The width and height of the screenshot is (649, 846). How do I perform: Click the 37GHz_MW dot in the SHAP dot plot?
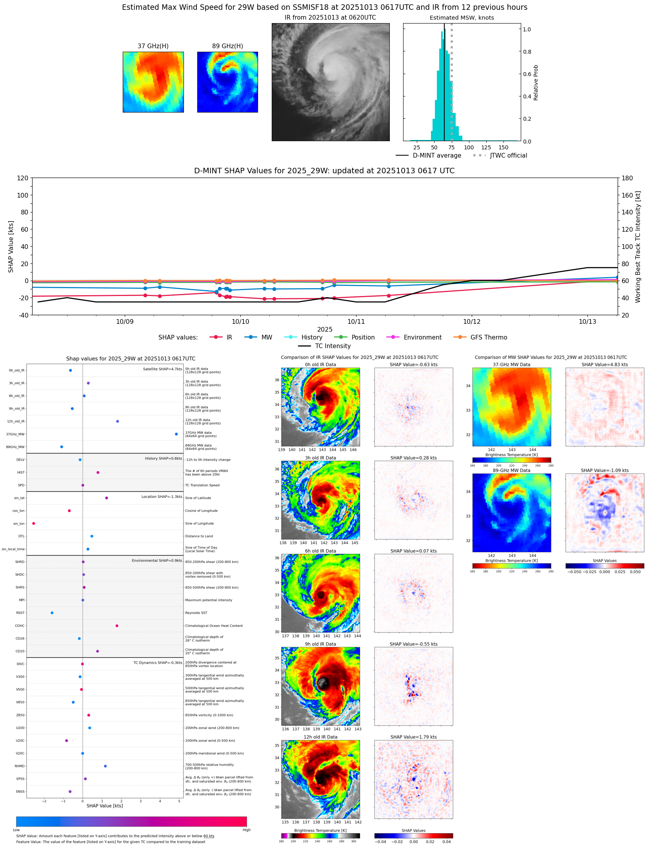click(x=176, y=434)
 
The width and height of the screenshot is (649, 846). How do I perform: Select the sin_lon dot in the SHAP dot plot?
click(x=34, y=523)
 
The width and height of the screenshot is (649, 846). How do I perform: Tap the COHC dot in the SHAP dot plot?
click(x=117, y=626)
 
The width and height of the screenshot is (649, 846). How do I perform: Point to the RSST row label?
click(x=20, y=613)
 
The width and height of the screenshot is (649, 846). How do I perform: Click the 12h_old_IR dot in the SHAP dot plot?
click(x=118, y=421)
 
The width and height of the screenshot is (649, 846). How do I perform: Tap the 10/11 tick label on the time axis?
click(x=356, y=321)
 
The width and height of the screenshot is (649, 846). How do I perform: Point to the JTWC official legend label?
click(x=508, y=155)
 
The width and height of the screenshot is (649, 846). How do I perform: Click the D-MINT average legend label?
click(x=437, y=155)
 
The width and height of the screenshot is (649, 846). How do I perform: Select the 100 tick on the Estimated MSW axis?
click(x=469, y=147)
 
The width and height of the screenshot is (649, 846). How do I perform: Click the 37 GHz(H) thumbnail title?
click(x=153, y=46)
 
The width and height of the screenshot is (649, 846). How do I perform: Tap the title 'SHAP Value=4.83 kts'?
click(x=604, y=365)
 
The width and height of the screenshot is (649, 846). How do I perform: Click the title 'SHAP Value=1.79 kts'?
click(x=413, y=737)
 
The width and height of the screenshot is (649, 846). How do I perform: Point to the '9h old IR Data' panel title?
click(x=320, y=644)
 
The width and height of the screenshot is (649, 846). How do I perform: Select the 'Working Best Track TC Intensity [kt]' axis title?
click(x=638, y=247)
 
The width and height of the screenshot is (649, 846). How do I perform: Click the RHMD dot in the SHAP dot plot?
click(x=105, y=766)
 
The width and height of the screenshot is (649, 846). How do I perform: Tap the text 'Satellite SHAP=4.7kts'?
click(x=162, y=369)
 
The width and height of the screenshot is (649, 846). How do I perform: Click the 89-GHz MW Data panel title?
click(x=511, y=470)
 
